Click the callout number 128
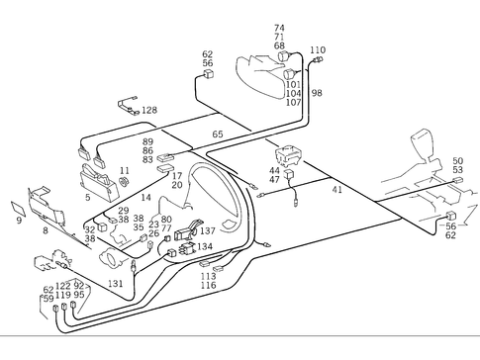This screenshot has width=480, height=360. pyautogui.click(x=148, y=110)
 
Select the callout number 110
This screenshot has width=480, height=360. pyautogui.click(x=317, y=49)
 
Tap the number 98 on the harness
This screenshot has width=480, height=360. pyautogui.click(x=317, y=93)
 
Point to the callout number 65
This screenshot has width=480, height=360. pyautogui.click(x=217, y=134)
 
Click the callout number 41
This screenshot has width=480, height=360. pyautogui.click(x=336, y=189)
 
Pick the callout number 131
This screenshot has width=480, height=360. pyautogui.click(x=116, y=284)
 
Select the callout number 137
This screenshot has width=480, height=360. pyautogui.click(x=207, y=230)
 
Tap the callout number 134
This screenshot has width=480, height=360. pyautogui.click(x=204, y=246)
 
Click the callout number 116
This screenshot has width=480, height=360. pyautogui.click(x=208, y=286)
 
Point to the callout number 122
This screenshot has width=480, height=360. pyautogui.click(x=63, y=286)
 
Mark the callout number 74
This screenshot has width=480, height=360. pyautogui.click(x=279, y=28)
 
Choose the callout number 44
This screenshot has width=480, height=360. pyautogui.click(x=274, y=170)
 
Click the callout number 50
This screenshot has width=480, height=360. pyautogui.click(x=457, y=160)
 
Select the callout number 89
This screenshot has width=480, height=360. pyautogui.click(x=147, y=141)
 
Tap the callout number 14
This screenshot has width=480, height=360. pyautogui.click(x=145, y=198)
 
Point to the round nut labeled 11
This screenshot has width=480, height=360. pyautogui.click(x=125, y=184)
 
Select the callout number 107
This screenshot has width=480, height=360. pyautogui.click(x=293, y=103)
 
